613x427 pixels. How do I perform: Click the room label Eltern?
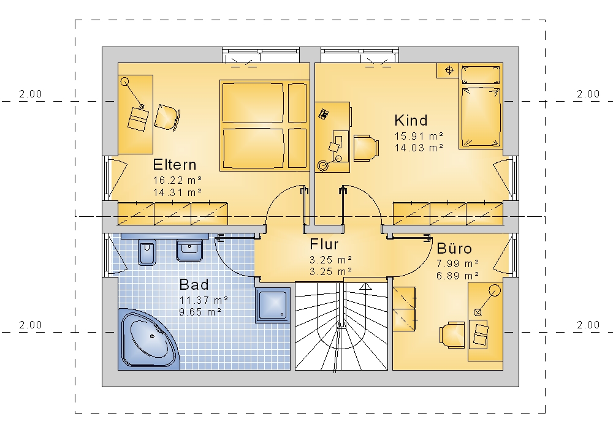tap(175, 164)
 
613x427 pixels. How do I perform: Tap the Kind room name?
tap(411, 120)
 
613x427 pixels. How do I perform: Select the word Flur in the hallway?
tap(324, 244)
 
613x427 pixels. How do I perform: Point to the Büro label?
tap(454, 248)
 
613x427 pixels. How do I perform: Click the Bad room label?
tap(194, 284)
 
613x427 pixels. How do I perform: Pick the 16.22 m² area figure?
tap(178, 181)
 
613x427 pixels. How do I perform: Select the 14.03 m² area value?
tap(419, 148)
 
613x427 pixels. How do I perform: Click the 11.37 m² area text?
tap(204, 300)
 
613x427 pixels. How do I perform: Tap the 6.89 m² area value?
tap(458, 276)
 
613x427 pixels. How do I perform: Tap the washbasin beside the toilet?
tap(189, 250)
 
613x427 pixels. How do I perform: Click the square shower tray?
tap(273, 306)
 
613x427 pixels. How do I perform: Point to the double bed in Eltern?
tap(265, 126)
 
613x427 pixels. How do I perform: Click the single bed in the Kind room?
tap(481, 107)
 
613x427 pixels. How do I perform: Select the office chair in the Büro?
tap(452, 335)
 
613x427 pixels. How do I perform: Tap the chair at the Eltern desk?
tap(167, 117)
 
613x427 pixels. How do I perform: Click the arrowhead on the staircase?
tap(366, 286)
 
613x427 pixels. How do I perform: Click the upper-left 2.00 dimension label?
tap(31, 94)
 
